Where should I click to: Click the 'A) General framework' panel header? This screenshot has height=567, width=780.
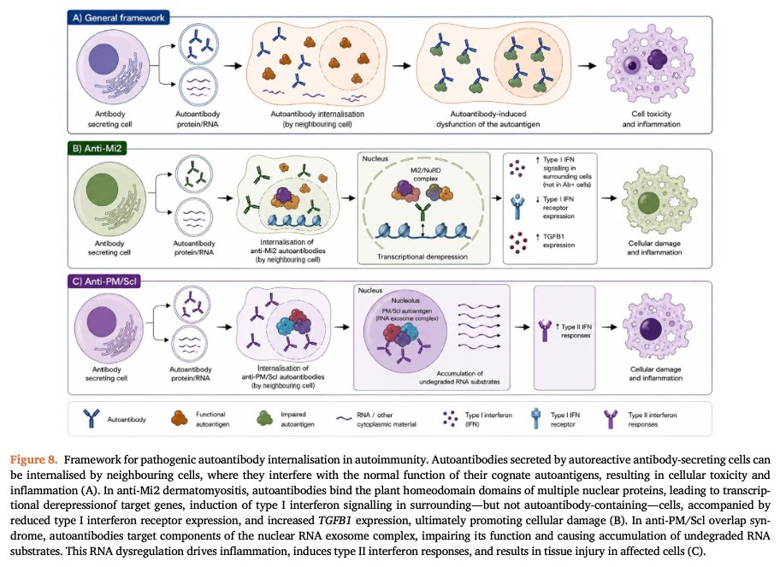(x=118, y=18)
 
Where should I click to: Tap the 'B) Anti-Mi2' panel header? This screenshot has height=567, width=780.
(x=97, y=148)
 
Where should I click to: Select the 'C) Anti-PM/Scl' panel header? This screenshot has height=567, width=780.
(x=104, y=281)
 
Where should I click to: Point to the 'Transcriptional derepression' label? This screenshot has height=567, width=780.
(x=422, y=257)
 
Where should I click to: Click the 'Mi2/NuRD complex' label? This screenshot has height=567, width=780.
(x=425, y=174)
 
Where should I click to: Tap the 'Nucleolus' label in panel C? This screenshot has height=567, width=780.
(x=405, y=300)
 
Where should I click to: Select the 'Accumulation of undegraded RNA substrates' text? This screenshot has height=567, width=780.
(x=459, y=377)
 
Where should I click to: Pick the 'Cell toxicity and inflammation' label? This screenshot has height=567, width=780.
(x=651, y=119)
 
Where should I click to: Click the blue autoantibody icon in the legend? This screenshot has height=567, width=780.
(x=91, y=418)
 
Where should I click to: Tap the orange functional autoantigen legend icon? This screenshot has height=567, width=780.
(x=179, y=418)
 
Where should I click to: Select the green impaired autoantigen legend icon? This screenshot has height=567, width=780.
(x=264, y=418)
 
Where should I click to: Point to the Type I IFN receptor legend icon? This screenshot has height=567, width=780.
(x=535, y=418)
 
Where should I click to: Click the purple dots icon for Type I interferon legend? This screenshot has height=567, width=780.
(x=450, y=418)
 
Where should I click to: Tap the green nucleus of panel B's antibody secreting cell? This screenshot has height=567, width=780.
(x=102, y=190)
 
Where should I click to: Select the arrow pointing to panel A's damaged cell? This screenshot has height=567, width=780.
(x=587, y=66)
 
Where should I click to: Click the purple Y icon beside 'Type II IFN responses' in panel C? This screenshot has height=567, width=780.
(x=546, y=330)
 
